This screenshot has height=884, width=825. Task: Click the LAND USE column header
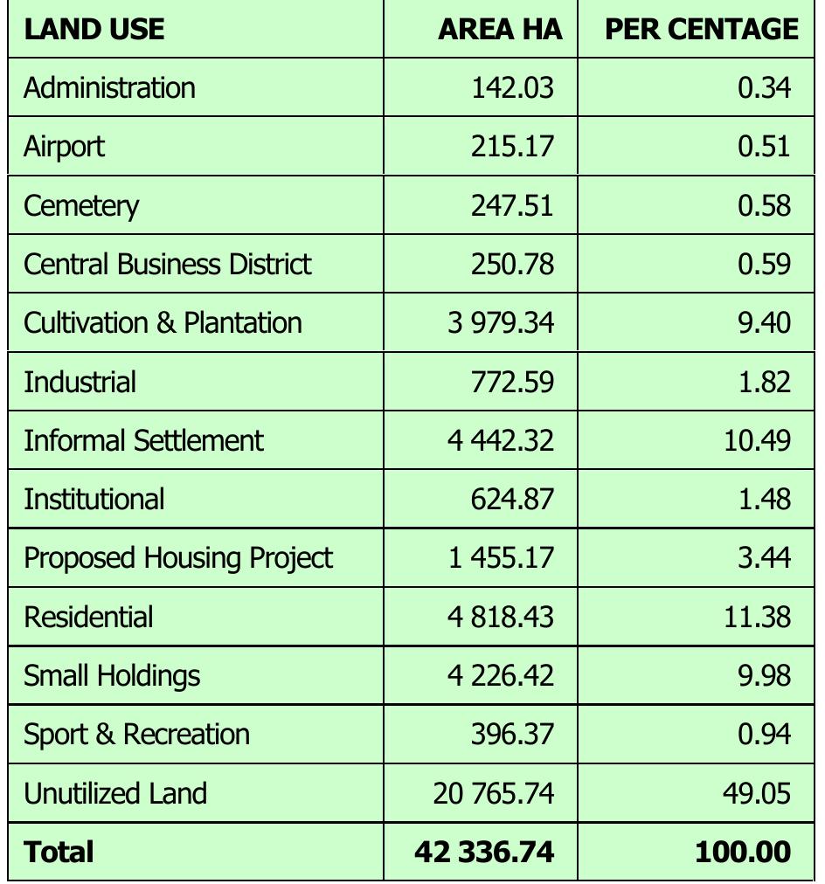[94, 30]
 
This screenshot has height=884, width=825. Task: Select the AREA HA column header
[500, 30]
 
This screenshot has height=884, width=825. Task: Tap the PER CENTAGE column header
[702, 30]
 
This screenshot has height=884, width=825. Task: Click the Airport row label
[64, 146]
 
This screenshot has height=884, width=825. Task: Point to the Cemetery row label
[81, 205]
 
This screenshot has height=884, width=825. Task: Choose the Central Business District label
[168, 264]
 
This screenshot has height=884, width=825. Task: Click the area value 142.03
[512, 87]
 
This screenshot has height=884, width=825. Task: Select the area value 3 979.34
[501, 322]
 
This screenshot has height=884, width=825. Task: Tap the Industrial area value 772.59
[512, 382]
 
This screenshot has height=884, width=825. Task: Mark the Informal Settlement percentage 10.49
[757, 440]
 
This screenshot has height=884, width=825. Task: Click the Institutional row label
[94, 499]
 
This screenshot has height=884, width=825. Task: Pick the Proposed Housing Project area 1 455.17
[501, 557]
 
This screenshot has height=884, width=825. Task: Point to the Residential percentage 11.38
[757, 617]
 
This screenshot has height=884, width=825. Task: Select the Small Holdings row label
[112, 675]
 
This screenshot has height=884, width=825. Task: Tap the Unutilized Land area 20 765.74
[493, 793]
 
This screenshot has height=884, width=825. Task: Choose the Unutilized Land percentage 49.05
[757, 793]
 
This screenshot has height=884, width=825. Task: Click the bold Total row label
[59, 852]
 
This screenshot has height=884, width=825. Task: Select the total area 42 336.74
[484, 852]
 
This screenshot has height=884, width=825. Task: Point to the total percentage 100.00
[743, 852]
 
